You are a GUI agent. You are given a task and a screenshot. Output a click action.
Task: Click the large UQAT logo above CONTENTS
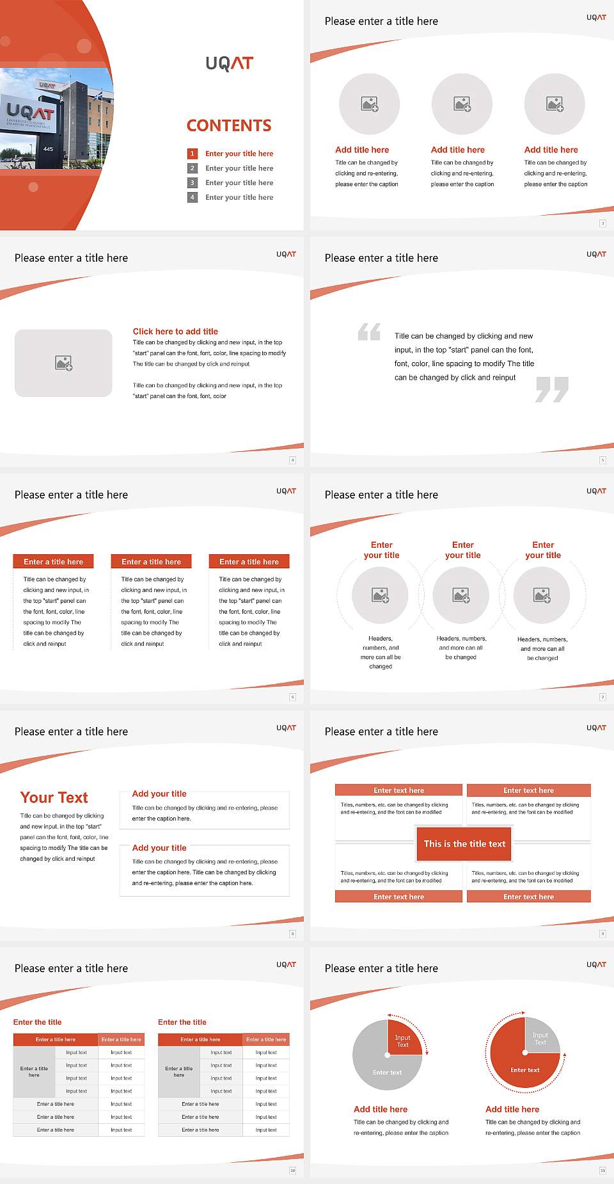pos(229,63)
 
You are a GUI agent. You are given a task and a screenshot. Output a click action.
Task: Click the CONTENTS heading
pos(229,125)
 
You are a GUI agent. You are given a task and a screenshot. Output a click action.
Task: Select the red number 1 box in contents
pos(192,154)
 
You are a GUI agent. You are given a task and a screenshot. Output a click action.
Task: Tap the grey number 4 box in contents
pos(192,197)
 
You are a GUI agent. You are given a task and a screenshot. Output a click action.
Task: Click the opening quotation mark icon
pos(369,332)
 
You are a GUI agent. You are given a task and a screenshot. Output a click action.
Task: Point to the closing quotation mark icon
pos(552,389)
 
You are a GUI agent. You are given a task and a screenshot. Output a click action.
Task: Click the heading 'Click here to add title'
pos(175,332)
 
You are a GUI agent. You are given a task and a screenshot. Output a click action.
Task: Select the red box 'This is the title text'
pos(464,844)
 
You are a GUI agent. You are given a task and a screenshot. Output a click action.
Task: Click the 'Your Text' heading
pos(54,797)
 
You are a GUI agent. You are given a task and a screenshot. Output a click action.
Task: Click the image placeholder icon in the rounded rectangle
pos(63,364)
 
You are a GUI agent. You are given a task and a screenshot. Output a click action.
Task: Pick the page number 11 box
pos(602,1171)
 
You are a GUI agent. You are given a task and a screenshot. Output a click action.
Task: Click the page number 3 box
pos(602,223)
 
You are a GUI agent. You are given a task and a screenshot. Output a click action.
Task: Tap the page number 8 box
pos(292,934)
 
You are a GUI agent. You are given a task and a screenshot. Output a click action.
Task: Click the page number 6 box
pos(292,697)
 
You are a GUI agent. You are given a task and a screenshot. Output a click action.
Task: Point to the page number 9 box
pos(602,934)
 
